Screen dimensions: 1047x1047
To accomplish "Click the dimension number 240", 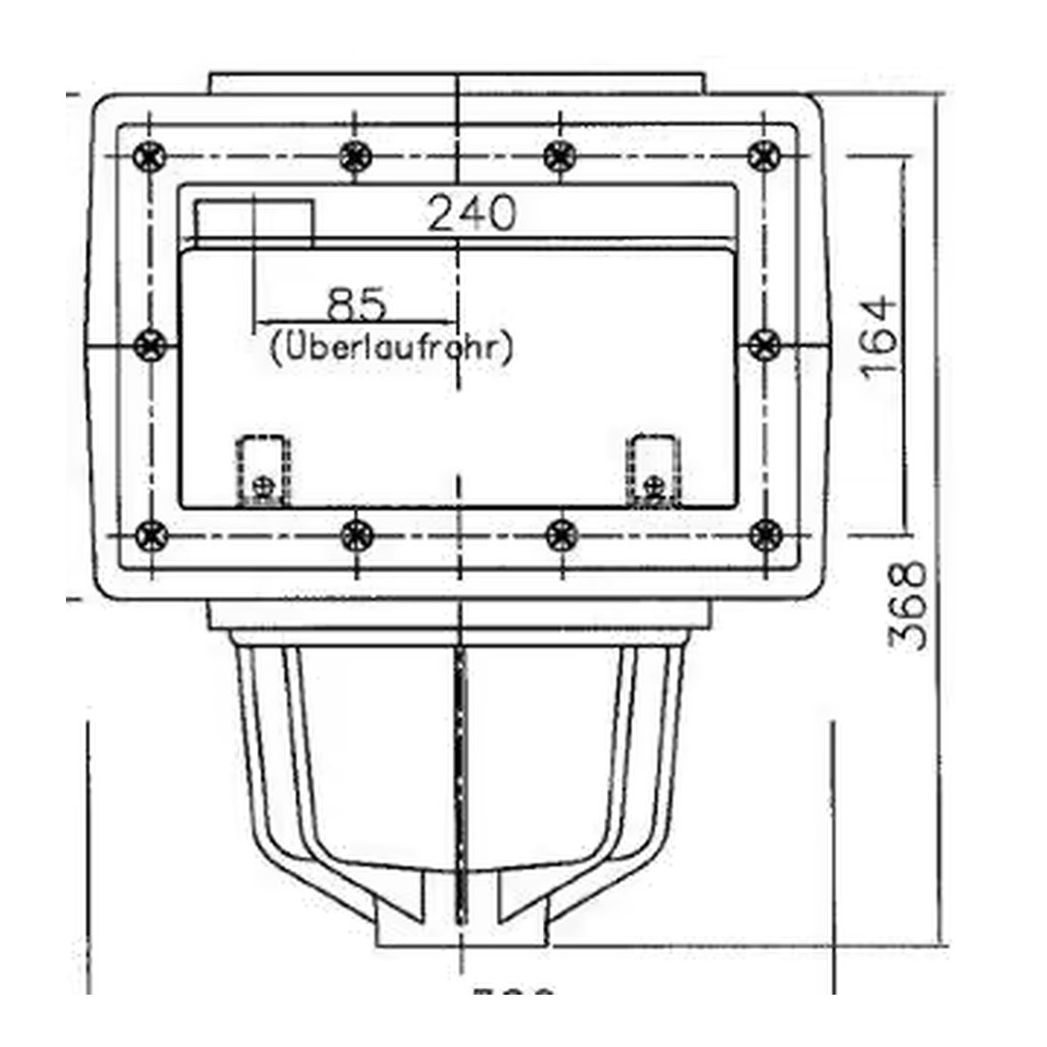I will [472, 213].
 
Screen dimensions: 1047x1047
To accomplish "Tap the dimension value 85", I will [356, 304].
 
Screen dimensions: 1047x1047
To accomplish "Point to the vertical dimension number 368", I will [908, 605].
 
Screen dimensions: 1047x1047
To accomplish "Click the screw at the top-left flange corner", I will [150, 155].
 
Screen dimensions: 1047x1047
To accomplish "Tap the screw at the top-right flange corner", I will [765, 155].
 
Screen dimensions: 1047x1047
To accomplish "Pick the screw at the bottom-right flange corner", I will [765, 534].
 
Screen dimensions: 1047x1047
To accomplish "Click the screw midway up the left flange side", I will [150, 344].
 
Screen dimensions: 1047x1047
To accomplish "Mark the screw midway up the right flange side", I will [765, 344].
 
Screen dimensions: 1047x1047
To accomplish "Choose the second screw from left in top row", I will [356, 155].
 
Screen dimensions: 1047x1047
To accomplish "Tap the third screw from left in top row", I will [559, 155].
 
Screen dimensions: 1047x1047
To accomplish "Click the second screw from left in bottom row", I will [356, 534].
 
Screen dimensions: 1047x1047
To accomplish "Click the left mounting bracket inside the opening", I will [264, 471].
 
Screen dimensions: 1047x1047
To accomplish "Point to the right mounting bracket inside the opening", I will [654, 471].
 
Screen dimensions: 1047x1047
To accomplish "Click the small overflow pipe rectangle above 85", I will [255, 223].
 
